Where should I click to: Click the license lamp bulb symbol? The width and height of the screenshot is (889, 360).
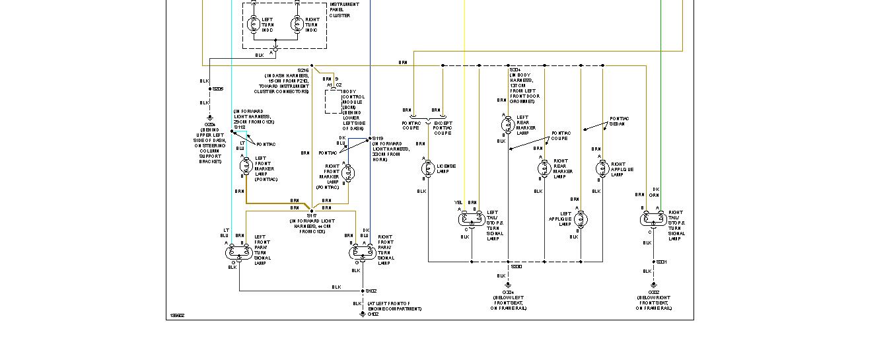click(427, 168)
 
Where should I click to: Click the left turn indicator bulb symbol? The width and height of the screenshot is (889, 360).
click(254, 24)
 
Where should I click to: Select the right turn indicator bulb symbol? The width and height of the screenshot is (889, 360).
click(297, 24)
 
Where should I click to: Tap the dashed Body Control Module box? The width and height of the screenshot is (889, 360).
click(334, 102)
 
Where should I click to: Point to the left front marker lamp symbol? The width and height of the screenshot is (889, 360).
click(246, 164)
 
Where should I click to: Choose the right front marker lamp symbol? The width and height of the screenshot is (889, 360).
click(349, 173)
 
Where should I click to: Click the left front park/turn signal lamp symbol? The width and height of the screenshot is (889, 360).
click(236, 251)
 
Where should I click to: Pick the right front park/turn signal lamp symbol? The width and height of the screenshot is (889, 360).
click(360, 252)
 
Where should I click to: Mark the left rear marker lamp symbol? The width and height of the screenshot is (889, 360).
click(508, 124)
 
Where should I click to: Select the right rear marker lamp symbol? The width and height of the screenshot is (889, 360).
click(545, 168)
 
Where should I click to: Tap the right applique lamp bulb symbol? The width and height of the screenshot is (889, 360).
click(602, 168)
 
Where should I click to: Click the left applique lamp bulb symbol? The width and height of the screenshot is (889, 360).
click(581, 219)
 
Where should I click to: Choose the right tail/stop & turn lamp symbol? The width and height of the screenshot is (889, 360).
click(653, 219)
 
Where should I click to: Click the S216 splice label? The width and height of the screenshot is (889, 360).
click(303, 70)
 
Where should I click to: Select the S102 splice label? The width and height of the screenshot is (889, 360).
click(372, 291)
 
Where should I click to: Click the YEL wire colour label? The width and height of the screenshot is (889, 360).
click(458, 202)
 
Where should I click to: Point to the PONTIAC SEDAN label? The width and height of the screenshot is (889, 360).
click(620, 121)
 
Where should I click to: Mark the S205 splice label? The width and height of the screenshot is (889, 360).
click(218, 89)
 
